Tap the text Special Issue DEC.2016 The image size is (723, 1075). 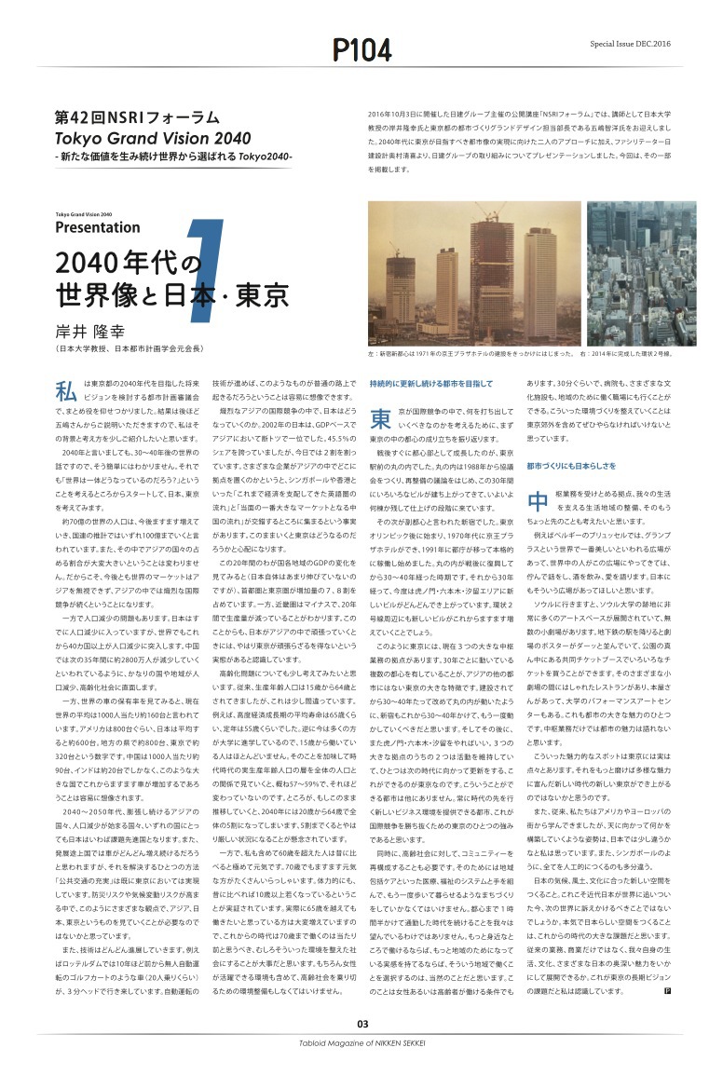tap(628, 44)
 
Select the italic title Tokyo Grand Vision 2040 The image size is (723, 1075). tap(139, 138)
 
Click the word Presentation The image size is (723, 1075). tap(97, 226)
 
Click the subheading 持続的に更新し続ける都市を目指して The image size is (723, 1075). tap(430, 383)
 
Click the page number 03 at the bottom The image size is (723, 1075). tap(361, 1024)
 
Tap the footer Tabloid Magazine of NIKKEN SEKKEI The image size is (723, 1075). tap(361, 1045)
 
